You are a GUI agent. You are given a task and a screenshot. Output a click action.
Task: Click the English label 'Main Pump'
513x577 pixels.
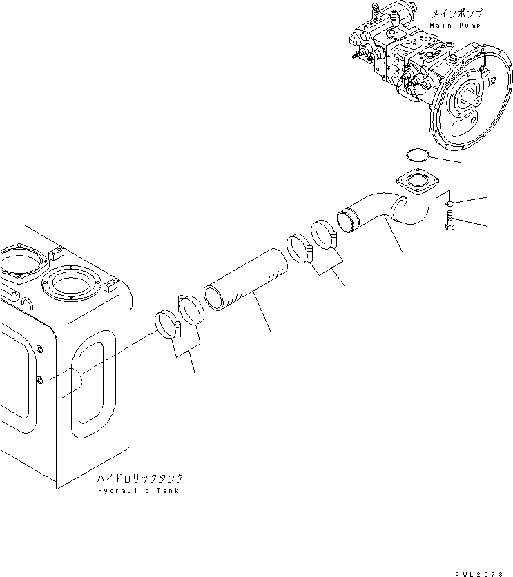pyautogui.click(x=454, y=25)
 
